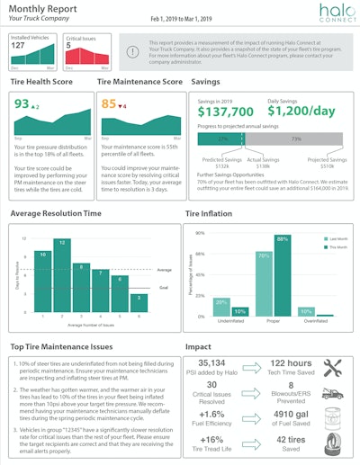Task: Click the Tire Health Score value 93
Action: (22, 103)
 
